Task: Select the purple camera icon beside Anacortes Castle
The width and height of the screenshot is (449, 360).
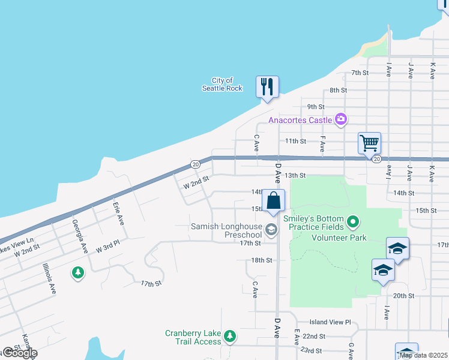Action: (341, 119)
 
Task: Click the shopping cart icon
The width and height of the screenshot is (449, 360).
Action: (369, 143)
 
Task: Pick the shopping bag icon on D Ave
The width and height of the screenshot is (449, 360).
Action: (273, 201)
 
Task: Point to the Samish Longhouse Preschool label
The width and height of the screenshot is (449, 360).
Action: (226, 230)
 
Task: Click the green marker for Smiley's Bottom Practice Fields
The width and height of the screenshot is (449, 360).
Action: (354, 223)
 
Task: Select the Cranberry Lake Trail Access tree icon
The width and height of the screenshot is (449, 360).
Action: (231, 335)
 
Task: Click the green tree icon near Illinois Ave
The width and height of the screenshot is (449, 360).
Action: (77, 273)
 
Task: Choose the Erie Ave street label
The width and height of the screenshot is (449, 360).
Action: (118, 213)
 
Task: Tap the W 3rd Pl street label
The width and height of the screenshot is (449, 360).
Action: (108, 247)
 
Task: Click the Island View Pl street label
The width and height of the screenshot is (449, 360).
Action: (330, 322)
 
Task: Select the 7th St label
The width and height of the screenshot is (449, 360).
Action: (360, 73)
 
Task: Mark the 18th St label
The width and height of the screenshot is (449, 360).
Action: (262, 260)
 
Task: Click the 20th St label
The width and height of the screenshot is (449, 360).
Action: (403, 296)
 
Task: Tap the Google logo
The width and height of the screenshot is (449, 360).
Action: (20, 353)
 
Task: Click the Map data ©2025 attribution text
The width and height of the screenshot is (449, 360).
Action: (423, 355)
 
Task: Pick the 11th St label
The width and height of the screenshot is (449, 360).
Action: (296, 141)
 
